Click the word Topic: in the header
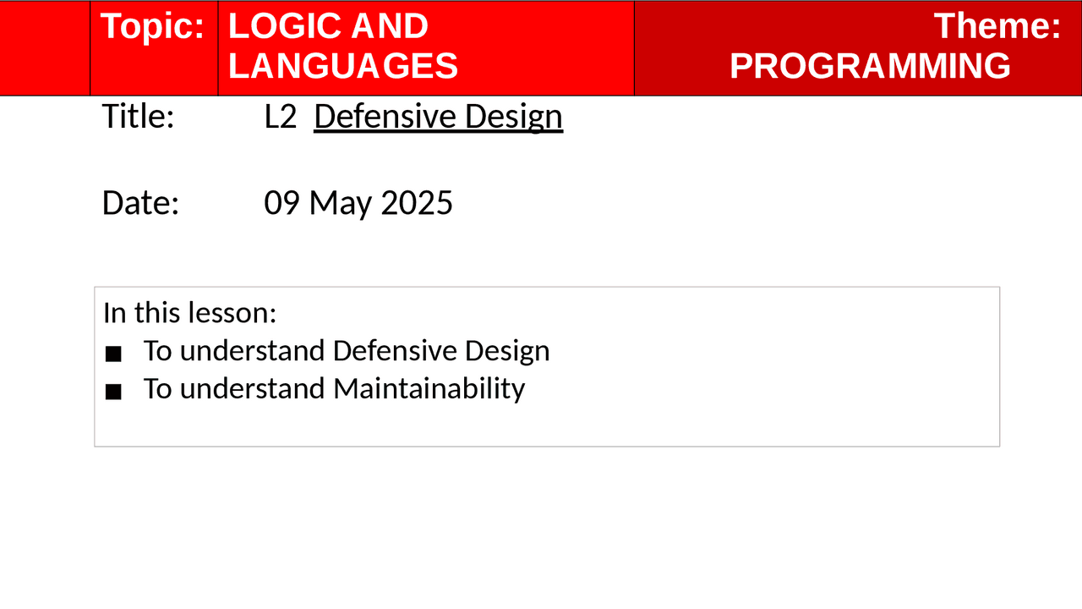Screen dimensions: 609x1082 click(x=152, y=27)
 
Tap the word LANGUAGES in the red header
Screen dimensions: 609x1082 click(x=342, y=66)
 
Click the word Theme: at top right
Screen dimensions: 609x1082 click(x=997, y=26)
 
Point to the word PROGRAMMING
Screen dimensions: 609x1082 click(x=870, y=66)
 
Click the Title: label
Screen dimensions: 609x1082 click(x=138, y=117)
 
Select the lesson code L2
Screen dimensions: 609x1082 click(x=280, y=117)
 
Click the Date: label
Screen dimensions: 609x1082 click(x=140, y=203)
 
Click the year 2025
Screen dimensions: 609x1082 click(x=417, y=203)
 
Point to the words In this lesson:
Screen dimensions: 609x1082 click(x=189, y=312)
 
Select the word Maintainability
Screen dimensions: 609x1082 click(x=429, y=388)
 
